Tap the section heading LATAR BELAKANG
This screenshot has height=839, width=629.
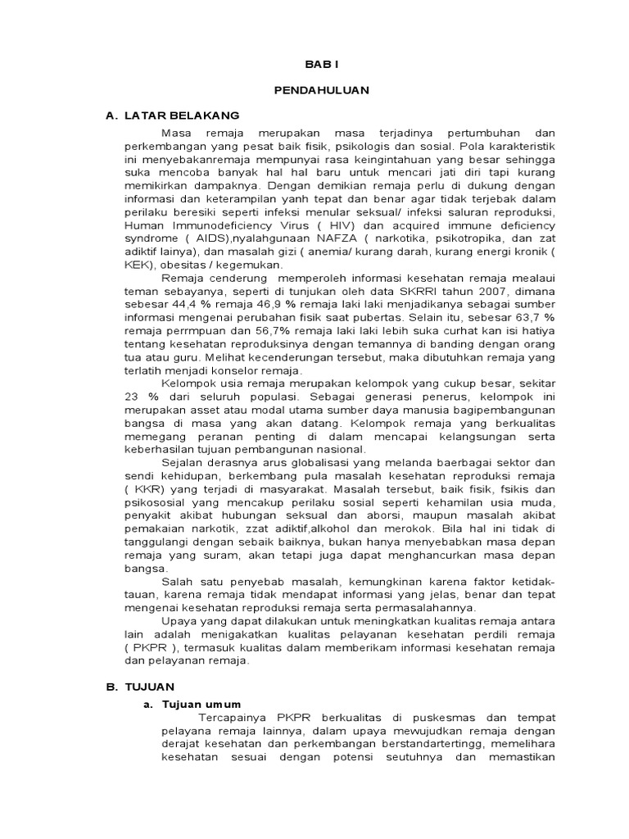click(x=182, y=117)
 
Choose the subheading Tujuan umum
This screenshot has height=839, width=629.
click(x=201, y=703)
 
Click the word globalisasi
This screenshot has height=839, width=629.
click(x=276, y=461)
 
